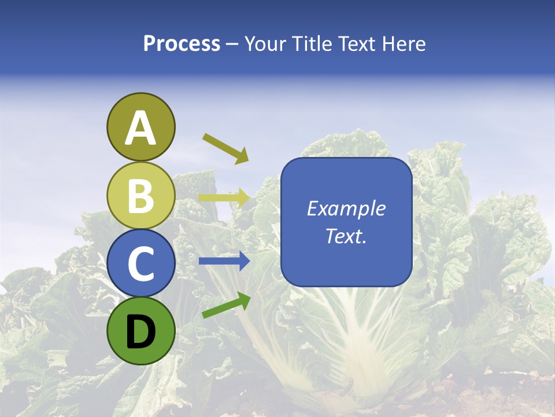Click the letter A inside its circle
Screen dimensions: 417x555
[x=140, y=129]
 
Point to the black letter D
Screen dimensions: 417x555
[x=140, y=332]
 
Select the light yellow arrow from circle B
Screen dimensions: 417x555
[x=224, y=198]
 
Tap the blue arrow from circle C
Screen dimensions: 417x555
[x=224, y=261]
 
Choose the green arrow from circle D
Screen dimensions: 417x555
[x=225, y=305]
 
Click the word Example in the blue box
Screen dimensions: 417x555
[x=346, y=209]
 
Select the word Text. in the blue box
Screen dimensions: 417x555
[x=346, y=236]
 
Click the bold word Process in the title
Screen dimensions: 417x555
[x=182, y=44]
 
